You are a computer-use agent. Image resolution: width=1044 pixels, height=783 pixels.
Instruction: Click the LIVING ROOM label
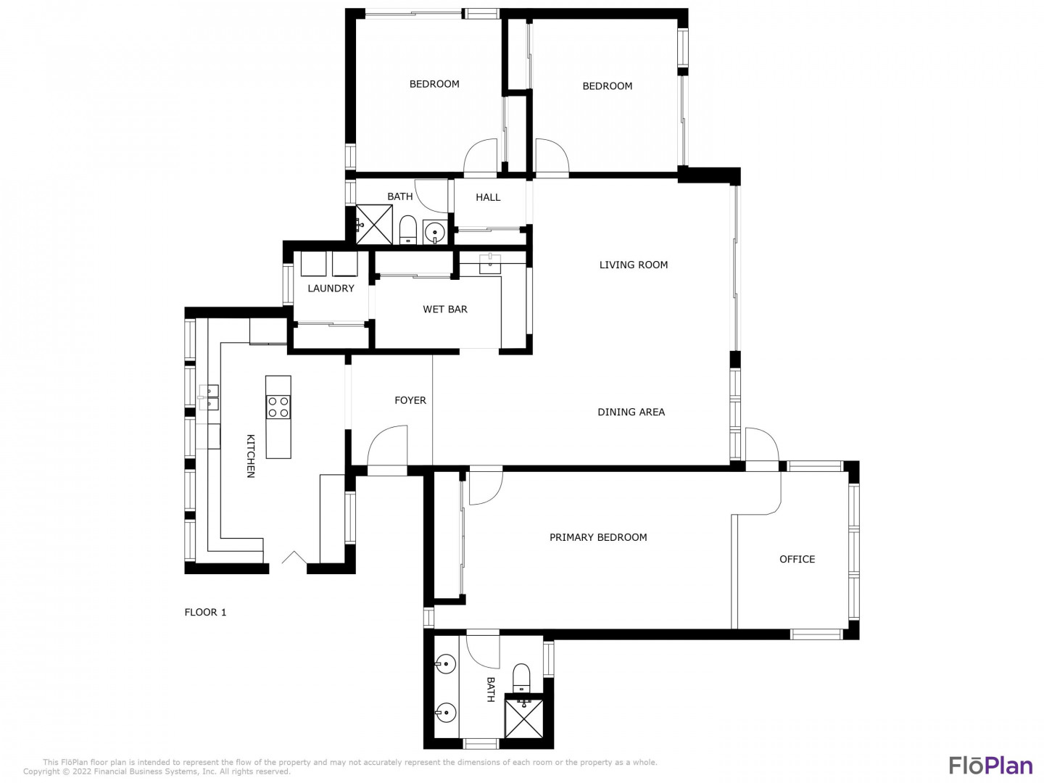click(633, 265)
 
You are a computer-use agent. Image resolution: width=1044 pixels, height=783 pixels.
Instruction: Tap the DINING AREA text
click(631, 412)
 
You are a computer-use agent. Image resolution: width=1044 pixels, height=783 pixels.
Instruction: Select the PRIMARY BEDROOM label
click(598, 537)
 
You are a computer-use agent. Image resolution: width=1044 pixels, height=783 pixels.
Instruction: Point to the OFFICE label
click(797, 559)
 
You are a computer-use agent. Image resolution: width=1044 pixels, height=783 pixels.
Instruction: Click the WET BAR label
click(444, 309)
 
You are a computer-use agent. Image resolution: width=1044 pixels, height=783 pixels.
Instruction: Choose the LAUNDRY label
click(331, 288)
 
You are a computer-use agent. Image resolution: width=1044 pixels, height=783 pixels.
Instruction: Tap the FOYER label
click(410, 400)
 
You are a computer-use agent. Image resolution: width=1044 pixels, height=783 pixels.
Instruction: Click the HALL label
click(488, 197)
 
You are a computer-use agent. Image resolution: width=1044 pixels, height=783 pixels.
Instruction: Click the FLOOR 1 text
click(205, 612)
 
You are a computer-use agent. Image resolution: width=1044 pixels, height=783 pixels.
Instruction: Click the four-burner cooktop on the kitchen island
click(278, 407)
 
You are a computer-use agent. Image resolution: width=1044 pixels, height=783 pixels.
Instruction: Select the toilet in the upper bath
click(407, 230)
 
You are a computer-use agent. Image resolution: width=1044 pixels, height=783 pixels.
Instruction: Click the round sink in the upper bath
click(434, 233)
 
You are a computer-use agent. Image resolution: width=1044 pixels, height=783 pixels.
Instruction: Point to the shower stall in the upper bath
click(374, 225)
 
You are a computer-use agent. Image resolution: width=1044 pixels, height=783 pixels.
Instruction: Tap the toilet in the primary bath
click(521, 677)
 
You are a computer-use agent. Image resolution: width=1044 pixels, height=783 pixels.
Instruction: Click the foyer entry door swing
click(387, 445)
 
